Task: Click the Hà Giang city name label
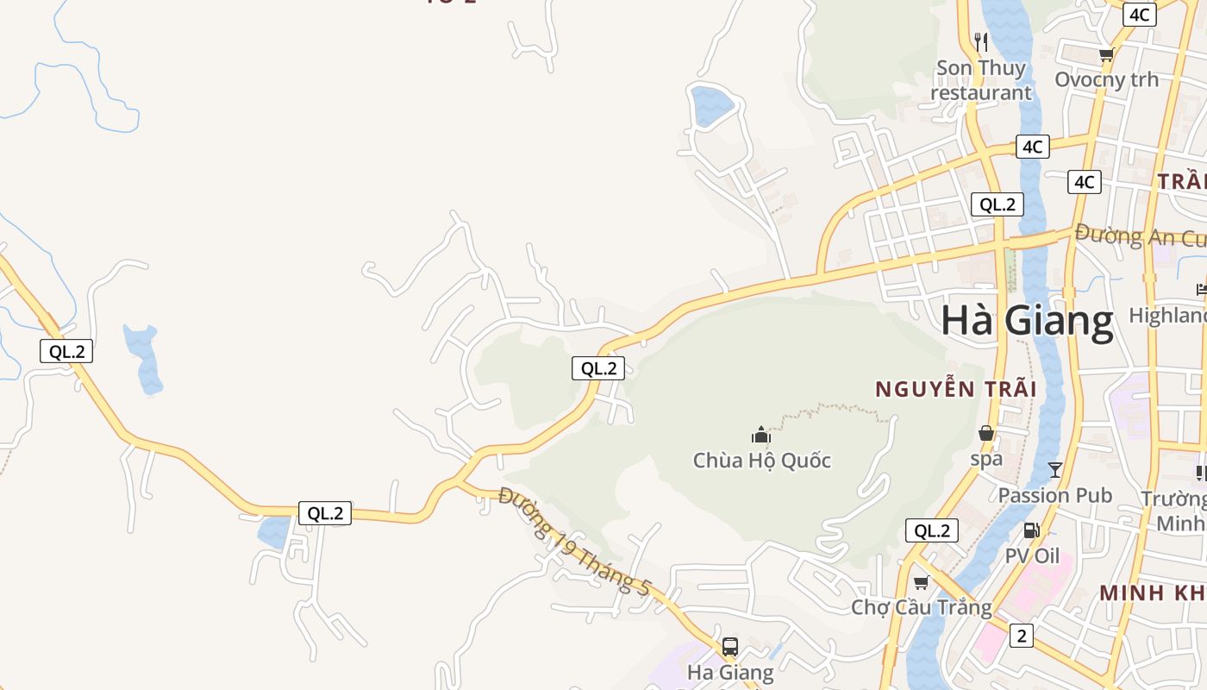(1027, 321)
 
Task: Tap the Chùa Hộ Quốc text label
(762, 460)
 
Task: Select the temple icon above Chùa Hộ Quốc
(760, 434)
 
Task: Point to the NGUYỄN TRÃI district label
(955, 389)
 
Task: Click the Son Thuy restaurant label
(981, 79)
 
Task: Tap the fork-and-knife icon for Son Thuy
(980, 41)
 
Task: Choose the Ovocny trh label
(1107, 79)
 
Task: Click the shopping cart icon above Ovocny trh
(1106, 55)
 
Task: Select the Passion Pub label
(1055, 495)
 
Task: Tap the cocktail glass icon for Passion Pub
(1055, 470)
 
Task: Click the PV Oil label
(1032, 555)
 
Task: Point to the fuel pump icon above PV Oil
(1031, 530)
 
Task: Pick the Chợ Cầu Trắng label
(922, 607)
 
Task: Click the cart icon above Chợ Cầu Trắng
(921, 582)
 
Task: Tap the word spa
(986, 458)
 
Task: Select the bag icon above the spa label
(986, 433)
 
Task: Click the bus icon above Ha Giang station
(729, 646)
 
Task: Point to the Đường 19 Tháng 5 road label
(574, 542)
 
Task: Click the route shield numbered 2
(1022, 636)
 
